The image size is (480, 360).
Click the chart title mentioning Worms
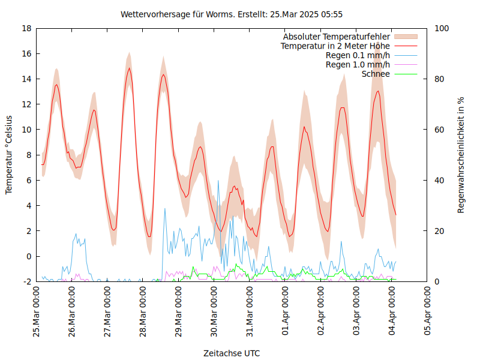232,14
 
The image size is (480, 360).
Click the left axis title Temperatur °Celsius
9,155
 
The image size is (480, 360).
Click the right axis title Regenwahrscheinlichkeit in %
461,155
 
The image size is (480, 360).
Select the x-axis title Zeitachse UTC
232,353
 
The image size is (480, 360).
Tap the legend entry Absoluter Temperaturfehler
337,37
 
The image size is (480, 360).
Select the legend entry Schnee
376,74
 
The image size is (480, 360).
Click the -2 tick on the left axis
27,281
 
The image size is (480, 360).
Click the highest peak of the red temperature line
129,68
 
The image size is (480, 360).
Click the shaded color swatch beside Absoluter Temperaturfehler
406,37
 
